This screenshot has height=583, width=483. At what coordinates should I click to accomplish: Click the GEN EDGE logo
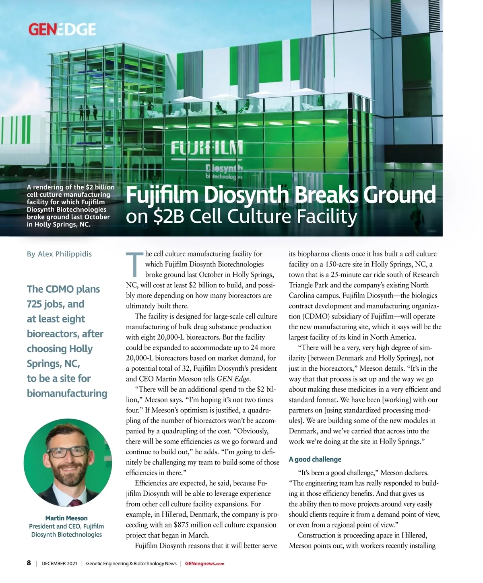[x=62, y=29]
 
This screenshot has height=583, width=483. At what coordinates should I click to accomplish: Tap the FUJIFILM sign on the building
[x=207, y=148]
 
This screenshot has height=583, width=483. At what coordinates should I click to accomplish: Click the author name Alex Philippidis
[x=64, y=254]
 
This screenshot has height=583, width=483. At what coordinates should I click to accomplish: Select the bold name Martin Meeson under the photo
[x=66, y=518]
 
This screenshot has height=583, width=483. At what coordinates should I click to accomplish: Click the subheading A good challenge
[x=315, y=459]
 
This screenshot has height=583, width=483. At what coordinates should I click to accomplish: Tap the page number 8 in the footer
[x=29, y=563]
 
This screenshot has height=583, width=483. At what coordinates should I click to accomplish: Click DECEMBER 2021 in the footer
[x=59, y=564]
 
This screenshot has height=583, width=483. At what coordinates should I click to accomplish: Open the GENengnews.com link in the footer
[x=204, y=564]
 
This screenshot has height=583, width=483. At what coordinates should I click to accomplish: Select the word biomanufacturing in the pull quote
[x=67, y=393]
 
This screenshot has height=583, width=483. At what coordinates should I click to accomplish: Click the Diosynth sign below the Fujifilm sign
[x=224, y=168]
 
